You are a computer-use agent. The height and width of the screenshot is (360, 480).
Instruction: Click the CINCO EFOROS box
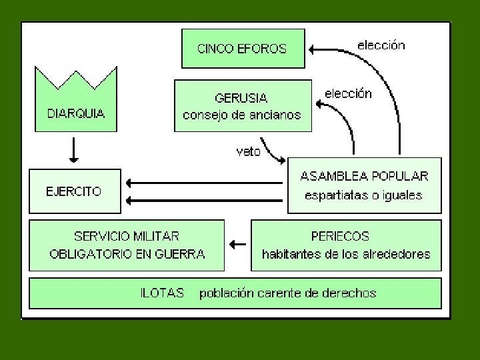pyautogui.click(x=243, y=48)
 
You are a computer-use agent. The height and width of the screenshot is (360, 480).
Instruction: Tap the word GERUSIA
pyautogui.click(x=242, y=98)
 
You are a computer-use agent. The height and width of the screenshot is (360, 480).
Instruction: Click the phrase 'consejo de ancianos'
pyautogui.click(x=242, y=115)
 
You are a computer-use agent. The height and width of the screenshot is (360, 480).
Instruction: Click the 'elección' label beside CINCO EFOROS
pyautogui.click(x=381, y=45)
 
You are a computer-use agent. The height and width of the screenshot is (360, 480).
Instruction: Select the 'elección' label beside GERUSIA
pyautogui.click(x=348, y=93)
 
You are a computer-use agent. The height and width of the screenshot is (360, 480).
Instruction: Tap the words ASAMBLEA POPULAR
pyautogui.click(x=364, y=177)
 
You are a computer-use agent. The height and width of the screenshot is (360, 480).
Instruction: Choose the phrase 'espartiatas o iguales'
pyautogui.click(x=364, y=195)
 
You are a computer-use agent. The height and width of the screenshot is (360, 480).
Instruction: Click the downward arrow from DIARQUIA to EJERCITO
pyautogui.click(x=74, y=151)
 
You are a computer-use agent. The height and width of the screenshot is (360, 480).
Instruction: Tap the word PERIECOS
pyautogui.click(x=340, y=236)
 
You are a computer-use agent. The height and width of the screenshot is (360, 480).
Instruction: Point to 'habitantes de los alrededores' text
pyautogui.click(x=346, y=254)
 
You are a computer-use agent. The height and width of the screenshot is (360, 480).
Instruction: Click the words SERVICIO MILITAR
pyautogui.click(x=127, y=236)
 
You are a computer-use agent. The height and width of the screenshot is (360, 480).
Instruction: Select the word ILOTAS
pyautogui.click(x=162, y=293)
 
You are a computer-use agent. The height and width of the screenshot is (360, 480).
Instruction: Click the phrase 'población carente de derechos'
pyautogui.click(x=288, y=293)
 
